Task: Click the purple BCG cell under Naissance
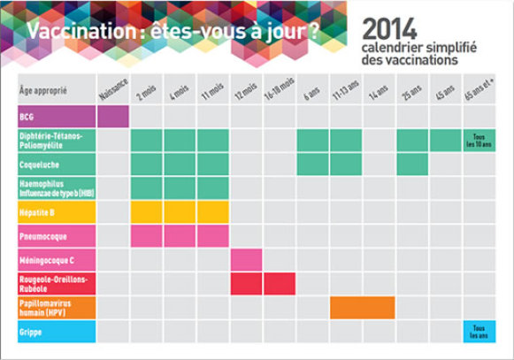(113, 117)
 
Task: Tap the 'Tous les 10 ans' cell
(479, 141)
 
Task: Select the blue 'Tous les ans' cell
(479, 332)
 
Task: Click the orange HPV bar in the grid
(362, 308)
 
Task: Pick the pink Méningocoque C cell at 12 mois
(246, 260)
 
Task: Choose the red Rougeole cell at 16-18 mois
(280, 284)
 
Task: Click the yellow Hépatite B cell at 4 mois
(180, 212)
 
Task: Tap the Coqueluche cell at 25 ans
(412, 165)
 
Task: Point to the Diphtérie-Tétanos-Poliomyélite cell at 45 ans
(446, 141)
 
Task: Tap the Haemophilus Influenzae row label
(57, 188)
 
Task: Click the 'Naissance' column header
(113, 88)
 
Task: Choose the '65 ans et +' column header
(479, 88)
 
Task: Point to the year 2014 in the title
(389, 29)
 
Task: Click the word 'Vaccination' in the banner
(81, 31)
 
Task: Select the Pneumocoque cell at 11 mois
(213, 236)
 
